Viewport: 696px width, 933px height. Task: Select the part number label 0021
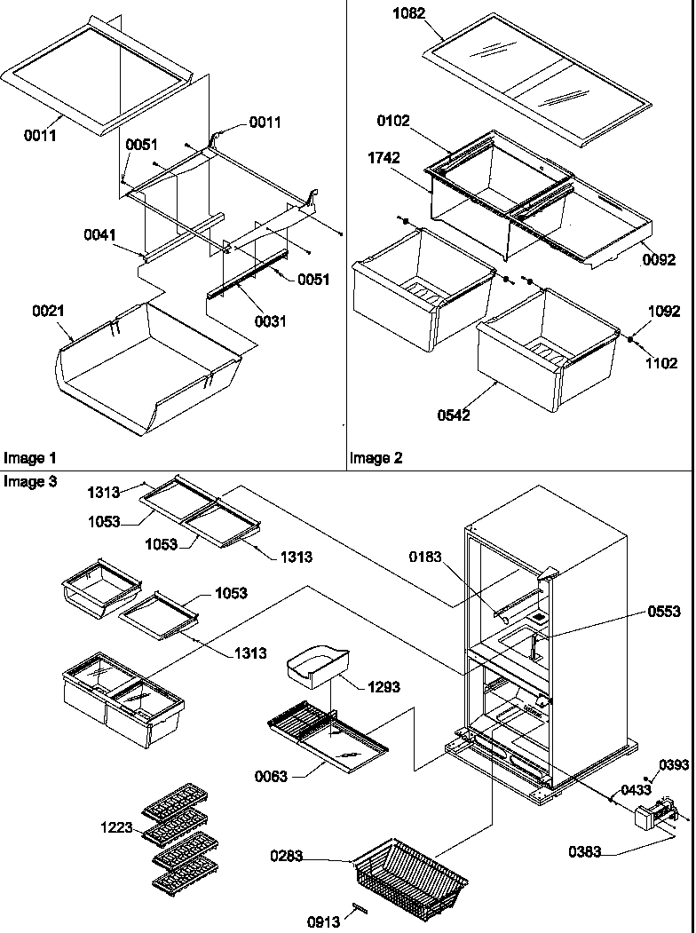pos(46,312)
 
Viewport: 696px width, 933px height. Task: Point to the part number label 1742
pos(383,158)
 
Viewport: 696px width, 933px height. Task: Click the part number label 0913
pos(324,921)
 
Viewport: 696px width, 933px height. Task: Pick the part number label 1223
pos(116,827)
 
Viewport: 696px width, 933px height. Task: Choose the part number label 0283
pos(288,857)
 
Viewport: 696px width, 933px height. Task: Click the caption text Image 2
pos(376,458)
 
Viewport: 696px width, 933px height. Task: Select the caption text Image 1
pos(29,458)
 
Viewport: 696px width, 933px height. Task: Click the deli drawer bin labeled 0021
pos(146,368)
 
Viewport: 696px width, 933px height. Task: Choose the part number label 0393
pos(674,764)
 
